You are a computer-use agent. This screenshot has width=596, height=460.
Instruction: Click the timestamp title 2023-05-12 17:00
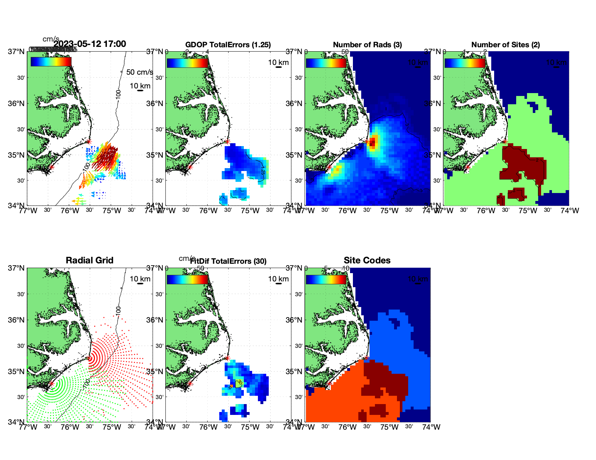click(x=90, y=44)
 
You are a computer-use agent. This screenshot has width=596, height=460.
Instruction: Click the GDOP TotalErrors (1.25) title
click(x=228, y=45)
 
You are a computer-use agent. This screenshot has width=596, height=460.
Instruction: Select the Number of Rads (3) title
click(x=367, y=45)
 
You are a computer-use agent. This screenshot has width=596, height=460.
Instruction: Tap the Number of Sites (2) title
click(x=505, y=45)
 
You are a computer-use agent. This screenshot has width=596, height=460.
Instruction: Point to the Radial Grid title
click(x=90, y=260)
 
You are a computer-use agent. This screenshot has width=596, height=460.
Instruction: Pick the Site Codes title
click(x=367, y=260)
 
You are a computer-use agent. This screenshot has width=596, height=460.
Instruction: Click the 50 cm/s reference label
click(x=139, y=72)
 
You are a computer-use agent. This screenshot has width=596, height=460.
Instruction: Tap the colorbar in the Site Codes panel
click(x=326, y=280)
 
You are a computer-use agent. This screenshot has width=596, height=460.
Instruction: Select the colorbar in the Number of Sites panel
click(x=465, y=63)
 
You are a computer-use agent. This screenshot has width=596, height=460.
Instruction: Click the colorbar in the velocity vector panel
click(x=51, y=62)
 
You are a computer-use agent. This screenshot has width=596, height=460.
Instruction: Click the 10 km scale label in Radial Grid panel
click(x=140, y=279)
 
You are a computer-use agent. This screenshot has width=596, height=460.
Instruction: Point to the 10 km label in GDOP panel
click(x=278, y=62)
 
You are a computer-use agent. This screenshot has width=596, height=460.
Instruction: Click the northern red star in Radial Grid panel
click(x=89, y=358)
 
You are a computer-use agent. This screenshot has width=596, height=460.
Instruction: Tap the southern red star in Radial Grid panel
click(x=52, y=384)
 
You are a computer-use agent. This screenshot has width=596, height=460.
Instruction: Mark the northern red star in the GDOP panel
click(x=227, y=141)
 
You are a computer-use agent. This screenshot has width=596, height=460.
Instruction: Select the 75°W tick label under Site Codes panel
click(x=389, y=427)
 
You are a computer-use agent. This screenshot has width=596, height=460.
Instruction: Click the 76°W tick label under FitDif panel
click(x=208, y=427)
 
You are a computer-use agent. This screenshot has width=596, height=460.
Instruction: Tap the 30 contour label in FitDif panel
click(x=239, y=382)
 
